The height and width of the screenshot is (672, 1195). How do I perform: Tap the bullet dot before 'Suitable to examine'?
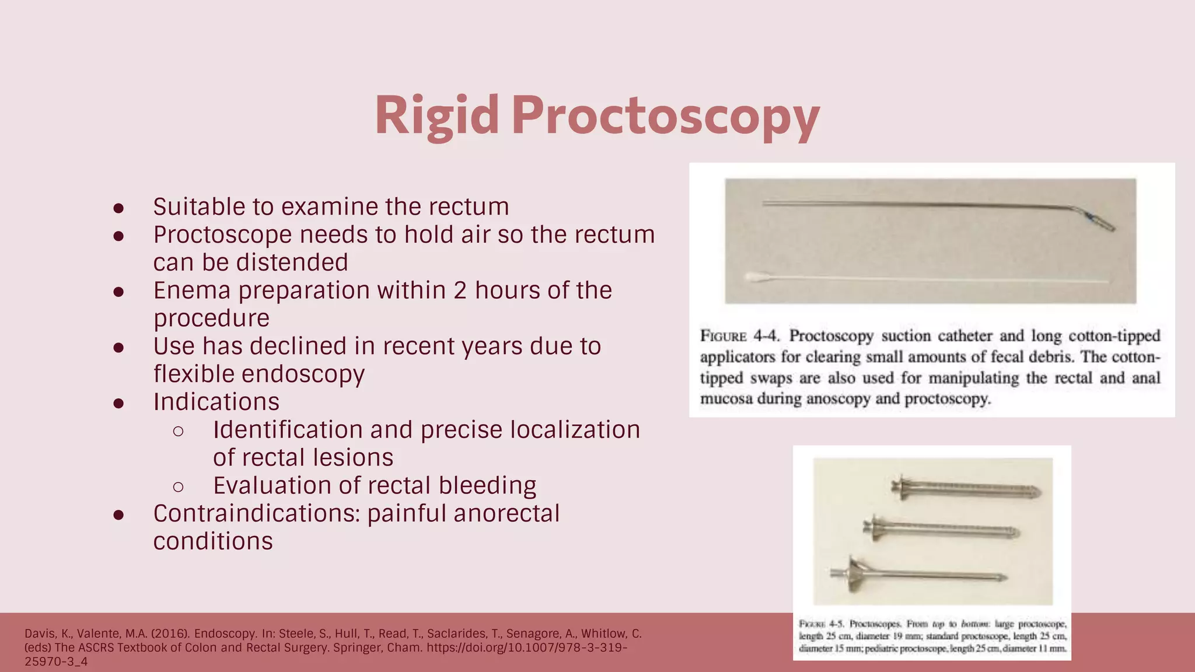tap(118, 208)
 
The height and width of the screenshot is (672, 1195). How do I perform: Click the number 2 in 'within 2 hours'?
tap(460, 290)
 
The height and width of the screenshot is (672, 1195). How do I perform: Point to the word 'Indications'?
tap(216, 402)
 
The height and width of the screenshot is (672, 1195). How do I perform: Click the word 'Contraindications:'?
tap(256, 513)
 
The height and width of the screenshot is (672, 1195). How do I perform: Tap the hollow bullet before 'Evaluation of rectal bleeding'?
tap(179, 487)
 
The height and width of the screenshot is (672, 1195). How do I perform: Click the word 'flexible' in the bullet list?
tap(194, 374)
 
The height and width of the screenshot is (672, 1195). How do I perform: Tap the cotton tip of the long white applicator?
tap(757, 278)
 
